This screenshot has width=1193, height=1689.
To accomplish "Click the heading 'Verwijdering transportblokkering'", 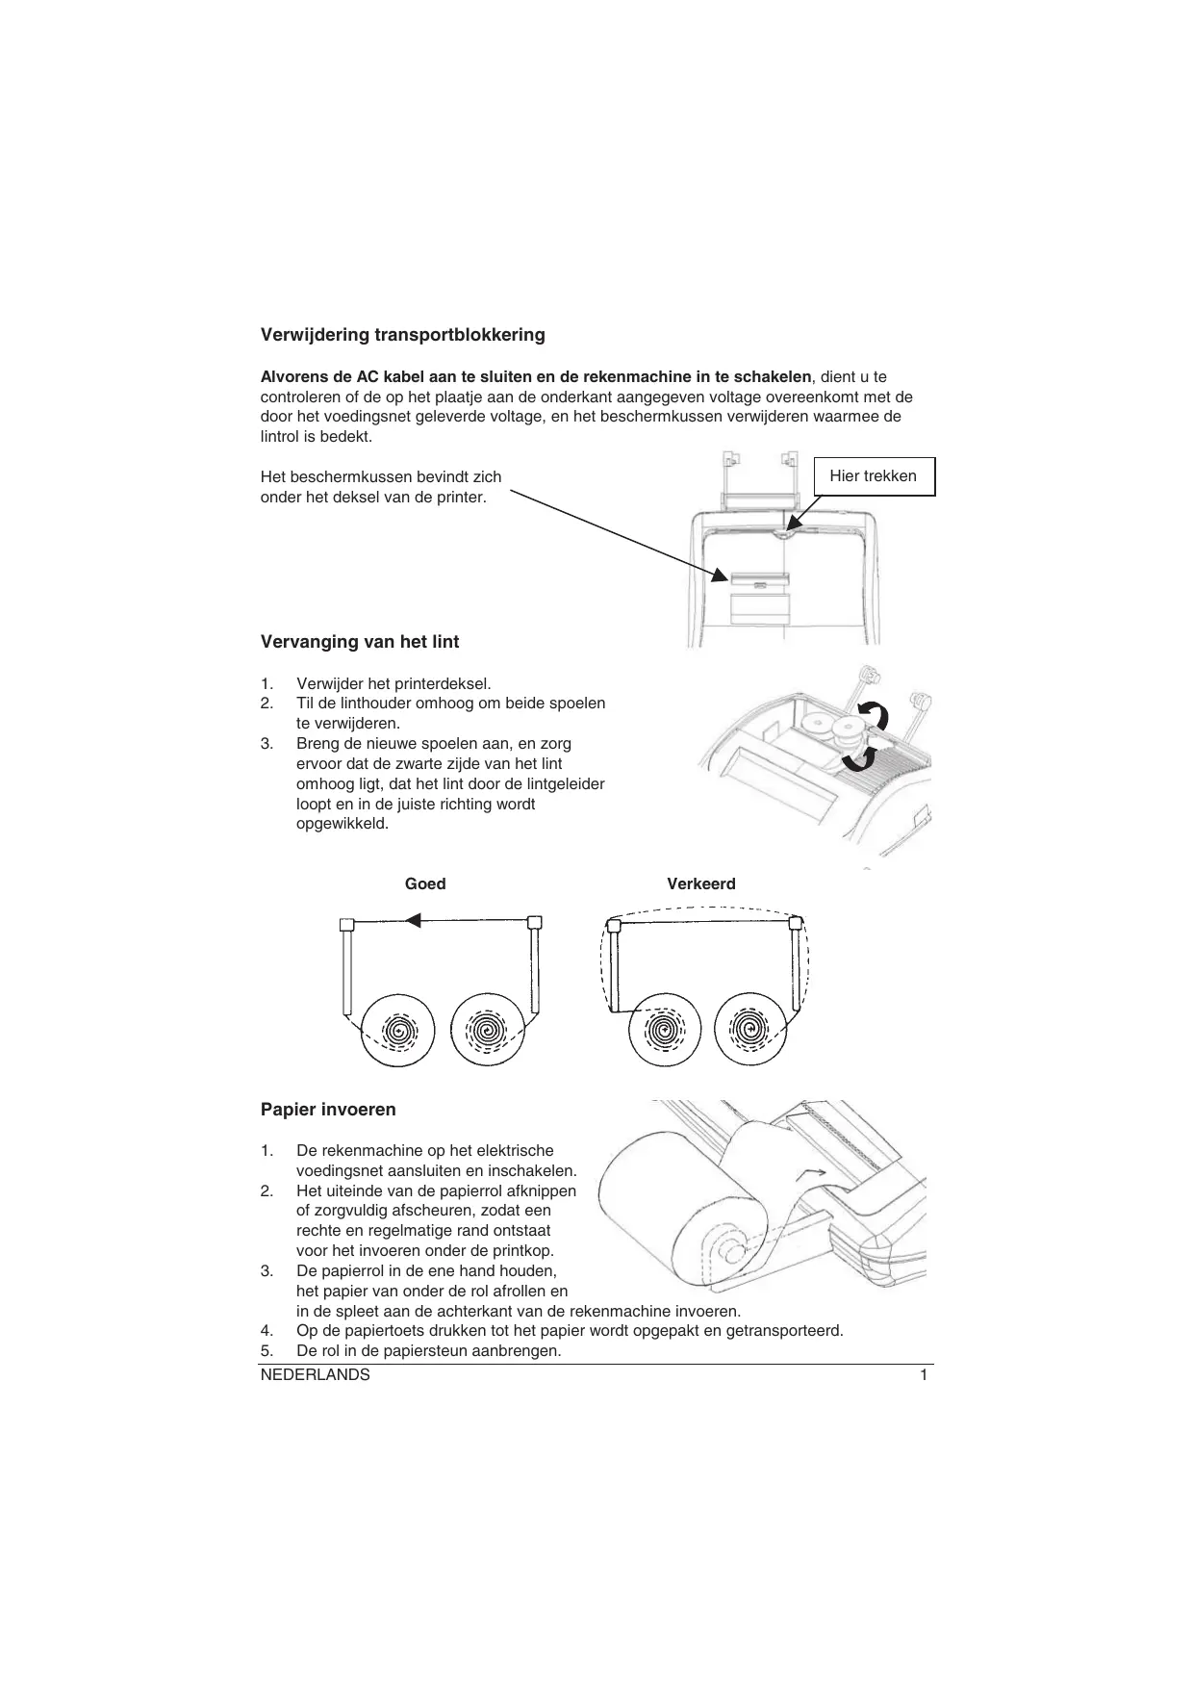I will click(402, 335).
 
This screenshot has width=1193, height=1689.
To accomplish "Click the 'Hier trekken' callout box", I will click(873, 476).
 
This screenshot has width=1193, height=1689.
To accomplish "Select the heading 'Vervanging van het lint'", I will click(360, 642).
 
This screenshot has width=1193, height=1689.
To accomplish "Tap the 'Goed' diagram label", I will click(425, 884).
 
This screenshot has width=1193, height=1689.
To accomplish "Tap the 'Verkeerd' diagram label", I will click(700, 884).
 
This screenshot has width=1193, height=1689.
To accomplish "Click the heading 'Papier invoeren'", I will click(328, 1110).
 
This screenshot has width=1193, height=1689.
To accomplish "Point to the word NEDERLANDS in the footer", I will click(316, 1375).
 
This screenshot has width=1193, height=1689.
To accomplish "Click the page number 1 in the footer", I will click(924, 1375).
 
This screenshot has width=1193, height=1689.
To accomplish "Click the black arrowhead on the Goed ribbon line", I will click(413, 921).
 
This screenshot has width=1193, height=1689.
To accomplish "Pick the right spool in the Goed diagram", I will click(488, 1032).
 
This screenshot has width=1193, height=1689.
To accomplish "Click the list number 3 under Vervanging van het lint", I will click(267, 744).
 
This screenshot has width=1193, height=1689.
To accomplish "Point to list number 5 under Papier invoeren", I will click(267, 1351).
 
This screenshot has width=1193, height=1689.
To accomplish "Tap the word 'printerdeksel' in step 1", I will click(444, 684).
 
